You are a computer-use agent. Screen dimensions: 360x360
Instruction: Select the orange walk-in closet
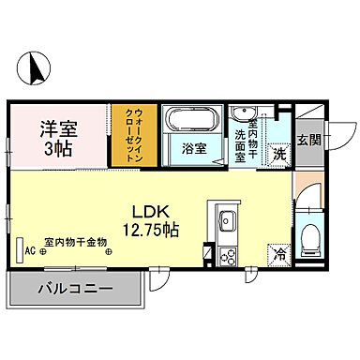[x=130, y=135]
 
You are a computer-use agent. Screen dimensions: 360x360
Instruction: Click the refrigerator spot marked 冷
[x=278, y=254]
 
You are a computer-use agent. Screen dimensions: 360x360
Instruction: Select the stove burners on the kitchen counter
[x=227, y=253]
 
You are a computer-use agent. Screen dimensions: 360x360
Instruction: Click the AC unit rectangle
[x=19, y=250]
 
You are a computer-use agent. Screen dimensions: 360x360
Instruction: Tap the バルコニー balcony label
[x=75, y=289]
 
